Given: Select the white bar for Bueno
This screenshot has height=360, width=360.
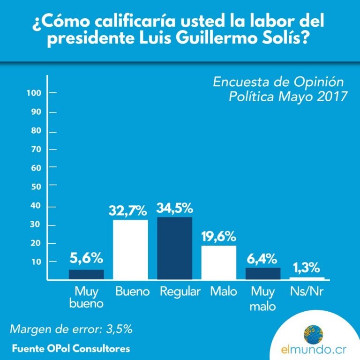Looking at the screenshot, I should coord(131,250).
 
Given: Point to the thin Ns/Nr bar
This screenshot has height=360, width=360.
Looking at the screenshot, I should coord(307,278).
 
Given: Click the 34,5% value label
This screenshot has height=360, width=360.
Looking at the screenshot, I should coord(175,208).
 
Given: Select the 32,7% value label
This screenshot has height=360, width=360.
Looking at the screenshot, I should coord(131,210).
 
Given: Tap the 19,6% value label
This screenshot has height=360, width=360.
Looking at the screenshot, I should coord(219,237).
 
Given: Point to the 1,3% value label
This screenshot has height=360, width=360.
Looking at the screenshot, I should coord(307,269).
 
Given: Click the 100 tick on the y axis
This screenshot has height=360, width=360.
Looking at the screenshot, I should coord(37,93).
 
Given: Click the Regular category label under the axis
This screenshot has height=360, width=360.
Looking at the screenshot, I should coord(180,292).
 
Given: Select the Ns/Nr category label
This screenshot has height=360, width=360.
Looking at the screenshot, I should coord(307,292).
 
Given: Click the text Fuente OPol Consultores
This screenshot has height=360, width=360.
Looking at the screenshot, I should coord(71,349).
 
